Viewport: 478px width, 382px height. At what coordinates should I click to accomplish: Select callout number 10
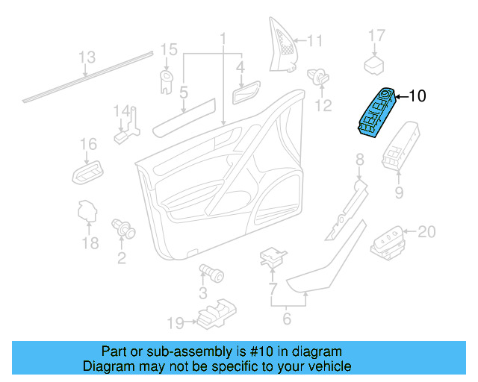point(418,95)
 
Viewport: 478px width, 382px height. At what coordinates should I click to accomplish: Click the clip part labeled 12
point(321,77)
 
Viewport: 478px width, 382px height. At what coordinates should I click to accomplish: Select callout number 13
point(87,57)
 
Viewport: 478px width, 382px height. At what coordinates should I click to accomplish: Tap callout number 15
point(169,50)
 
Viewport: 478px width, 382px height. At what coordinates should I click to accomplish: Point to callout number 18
point(90,243)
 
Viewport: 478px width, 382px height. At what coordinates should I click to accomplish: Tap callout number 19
point(175,323)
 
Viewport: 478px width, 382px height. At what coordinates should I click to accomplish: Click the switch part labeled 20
point(387,239)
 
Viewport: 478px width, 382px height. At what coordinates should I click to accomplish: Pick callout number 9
point(398,193)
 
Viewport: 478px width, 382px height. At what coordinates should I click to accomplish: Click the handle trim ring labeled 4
point(244,95)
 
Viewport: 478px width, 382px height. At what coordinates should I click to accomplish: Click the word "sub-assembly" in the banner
point(194,351)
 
